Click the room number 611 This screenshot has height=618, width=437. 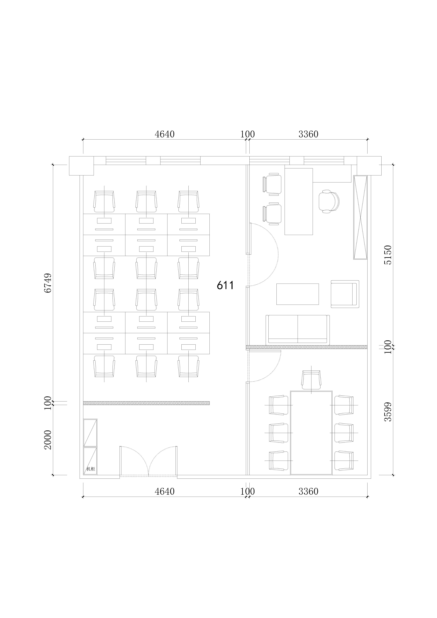click(225, 285)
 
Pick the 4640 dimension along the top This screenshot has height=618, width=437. click(165, 134)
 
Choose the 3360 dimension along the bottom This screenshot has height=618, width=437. click(309, 492)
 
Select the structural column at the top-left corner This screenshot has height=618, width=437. click(81, 166)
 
